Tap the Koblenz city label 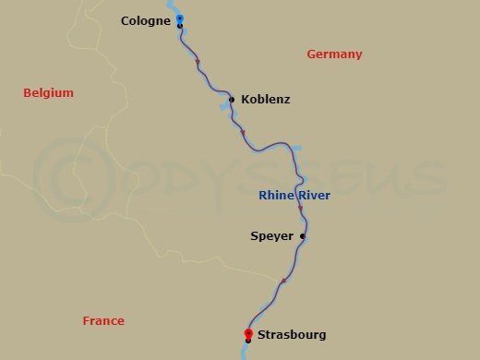click(265, 99)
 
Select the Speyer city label click(271, 236)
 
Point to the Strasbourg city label click(292, 334)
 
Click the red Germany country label click(334, 54)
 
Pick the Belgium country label click(48, 93)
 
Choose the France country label click(103, 321)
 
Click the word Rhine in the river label click(275, 196)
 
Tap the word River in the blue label click(313, 196)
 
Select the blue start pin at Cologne click(179, 18)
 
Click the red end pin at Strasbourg click(248, 332)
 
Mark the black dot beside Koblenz click(231, 99)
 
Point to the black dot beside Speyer click(303, 236)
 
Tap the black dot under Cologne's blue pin click(179, 26)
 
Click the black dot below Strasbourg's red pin click(248, 341)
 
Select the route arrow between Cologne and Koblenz click(198, 64)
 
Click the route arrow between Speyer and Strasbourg click(283, 280)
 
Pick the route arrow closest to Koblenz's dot click(243, 133)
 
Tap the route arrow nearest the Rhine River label click(300, 209)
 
